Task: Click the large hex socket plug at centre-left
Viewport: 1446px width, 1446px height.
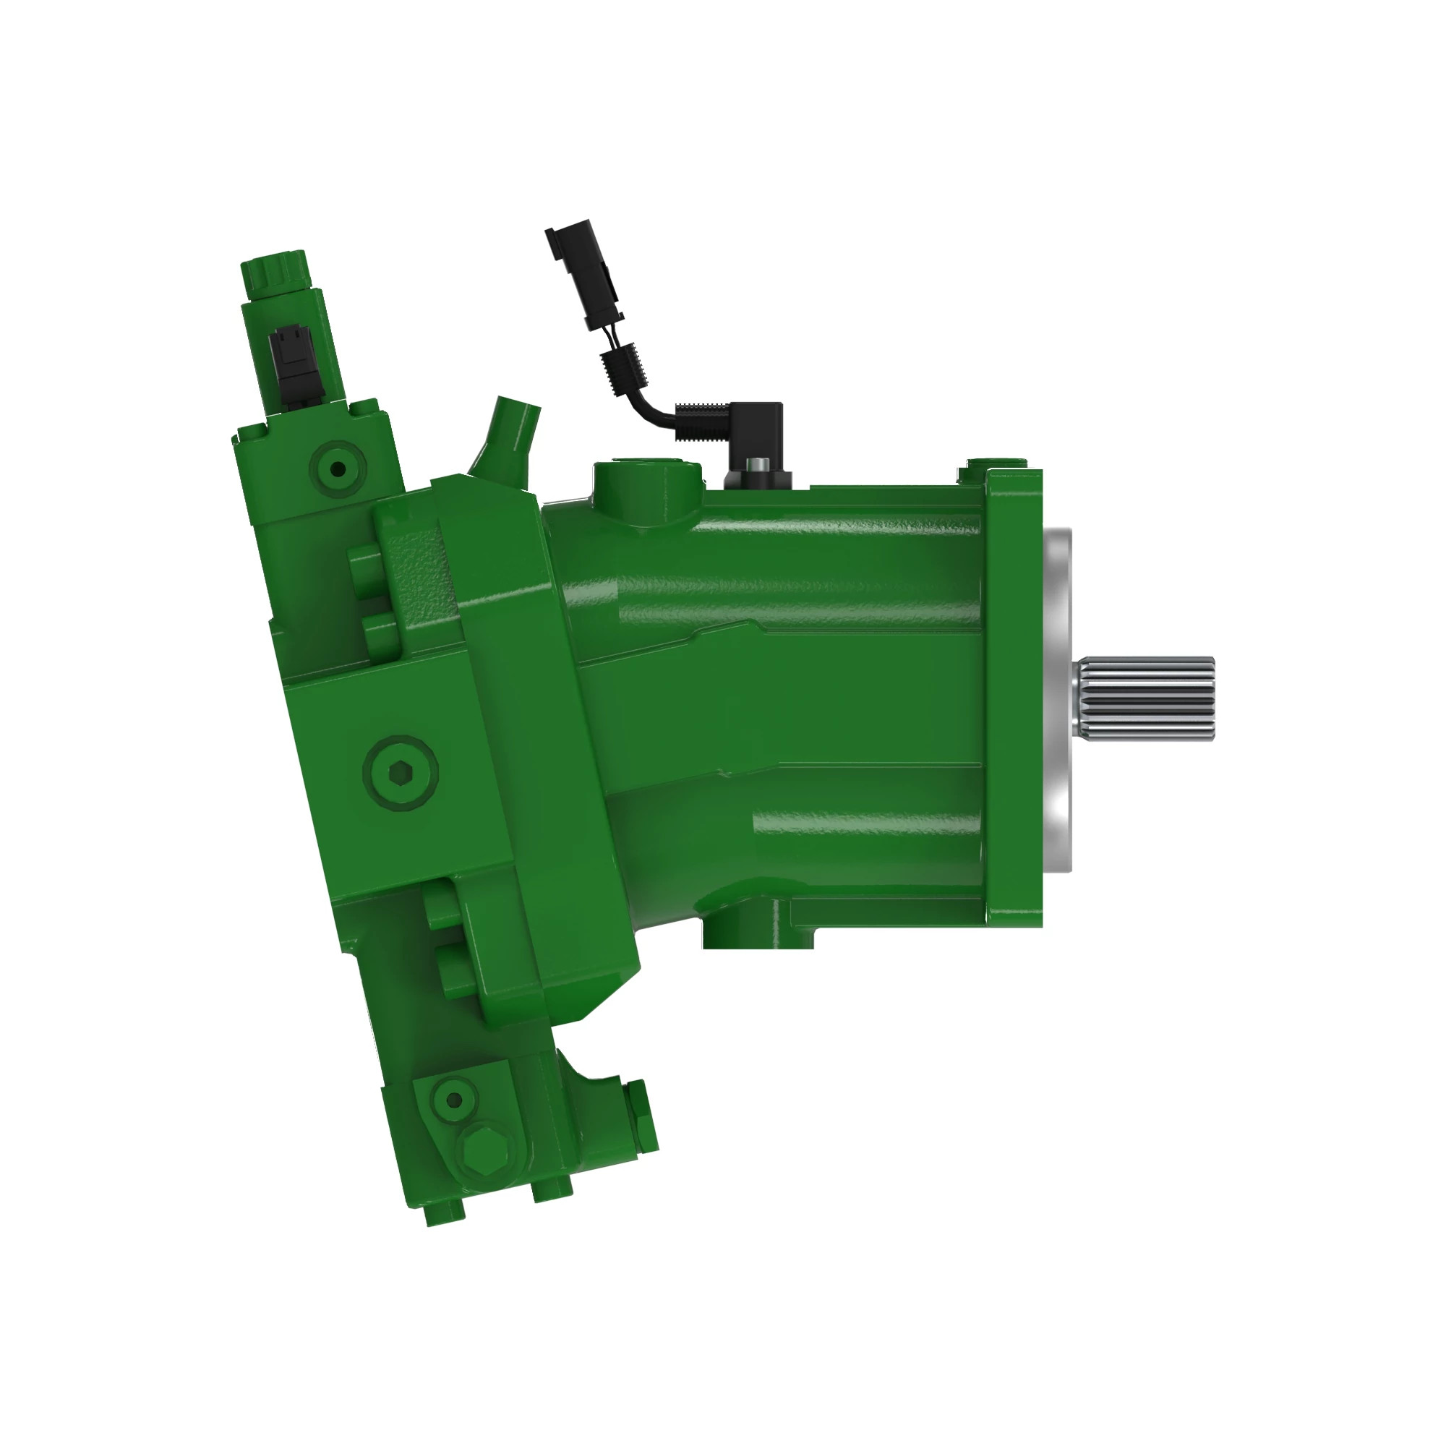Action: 401,771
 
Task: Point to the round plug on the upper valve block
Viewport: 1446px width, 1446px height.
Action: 338,469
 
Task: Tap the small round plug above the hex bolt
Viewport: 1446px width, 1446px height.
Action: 454,1100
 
